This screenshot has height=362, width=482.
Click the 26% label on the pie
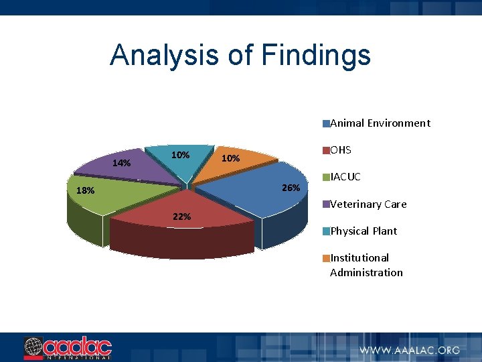(x=291, y=188)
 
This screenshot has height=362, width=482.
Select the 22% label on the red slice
(x=181, y=217)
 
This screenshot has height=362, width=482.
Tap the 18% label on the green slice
(x=85, y=190)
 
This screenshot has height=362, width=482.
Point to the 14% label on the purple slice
(x=121, y=163)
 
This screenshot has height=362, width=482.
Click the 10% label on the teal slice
(x=180, y=155)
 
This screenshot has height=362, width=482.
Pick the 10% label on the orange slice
(x=230, y=159)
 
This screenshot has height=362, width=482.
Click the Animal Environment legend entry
(x=380, y=123)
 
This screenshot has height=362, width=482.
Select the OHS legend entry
(x=341, y=149)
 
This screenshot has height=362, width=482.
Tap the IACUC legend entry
(x=345, y=177)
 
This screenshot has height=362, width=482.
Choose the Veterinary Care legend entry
(x=368, y=204)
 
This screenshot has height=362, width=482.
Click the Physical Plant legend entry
(x=364, y=231)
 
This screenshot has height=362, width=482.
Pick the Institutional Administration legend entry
(x=366, y=265)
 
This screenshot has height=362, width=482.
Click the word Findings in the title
(x=316, y=55)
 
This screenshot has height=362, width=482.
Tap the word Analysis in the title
(x=165, y=55)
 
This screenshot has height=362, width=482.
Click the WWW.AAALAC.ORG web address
(x=410, y=349)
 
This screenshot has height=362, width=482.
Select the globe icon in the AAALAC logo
(x=33, y=347)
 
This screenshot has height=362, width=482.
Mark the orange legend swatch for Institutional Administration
(x=326, y=258)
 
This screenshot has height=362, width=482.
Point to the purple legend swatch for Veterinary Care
(x=326, y=204)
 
